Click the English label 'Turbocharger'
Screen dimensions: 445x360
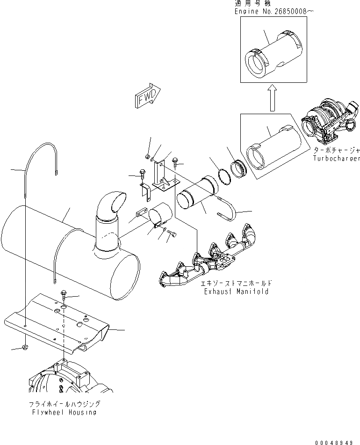click(x=336, y=159)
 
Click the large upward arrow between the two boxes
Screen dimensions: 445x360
click(x=273, y=98)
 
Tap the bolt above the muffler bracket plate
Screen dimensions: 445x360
click(x=64, y=295)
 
